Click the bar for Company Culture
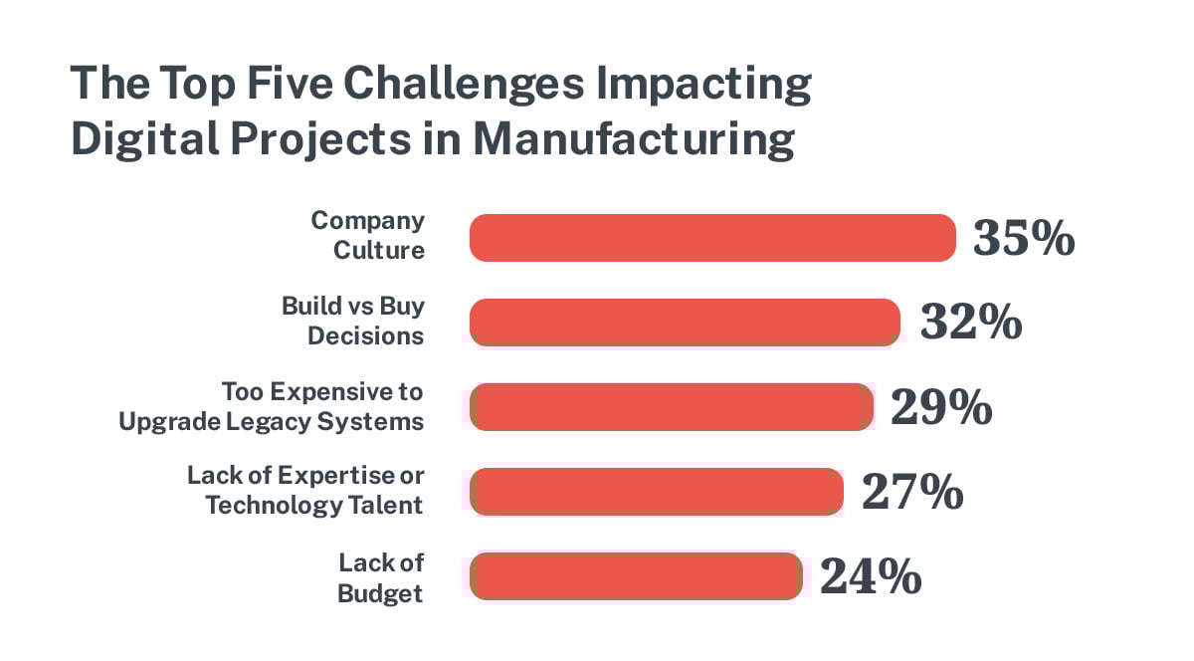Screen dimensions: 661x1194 (712, 239)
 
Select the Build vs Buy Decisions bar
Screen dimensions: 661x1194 (685, 323)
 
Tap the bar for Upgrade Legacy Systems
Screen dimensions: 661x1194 (671, 407)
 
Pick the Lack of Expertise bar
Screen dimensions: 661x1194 (657, 492)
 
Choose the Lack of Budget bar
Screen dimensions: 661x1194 (635, 576)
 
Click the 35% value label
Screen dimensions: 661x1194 (1024, 239)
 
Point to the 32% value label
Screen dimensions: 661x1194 (971, 323)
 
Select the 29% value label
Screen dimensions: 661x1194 (941, 407)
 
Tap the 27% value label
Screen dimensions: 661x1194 (912, 492)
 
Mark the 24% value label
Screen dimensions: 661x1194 (871, 576)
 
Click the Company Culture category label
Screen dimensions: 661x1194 (368, 235)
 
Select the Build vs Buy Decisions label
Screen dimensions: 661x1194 (353, 321)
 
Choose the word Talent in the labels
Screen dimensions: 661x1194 (385, 505)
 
